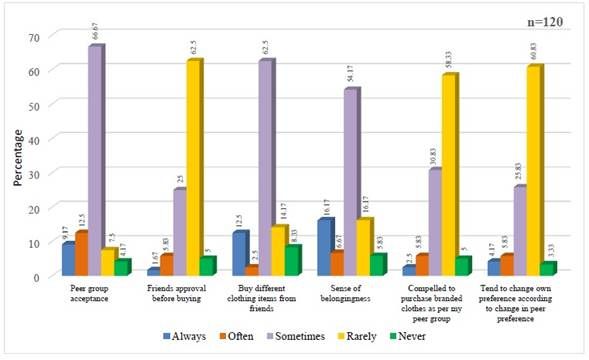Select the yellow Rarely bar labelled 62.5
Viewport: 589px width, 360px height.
(x=194, y=168)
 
